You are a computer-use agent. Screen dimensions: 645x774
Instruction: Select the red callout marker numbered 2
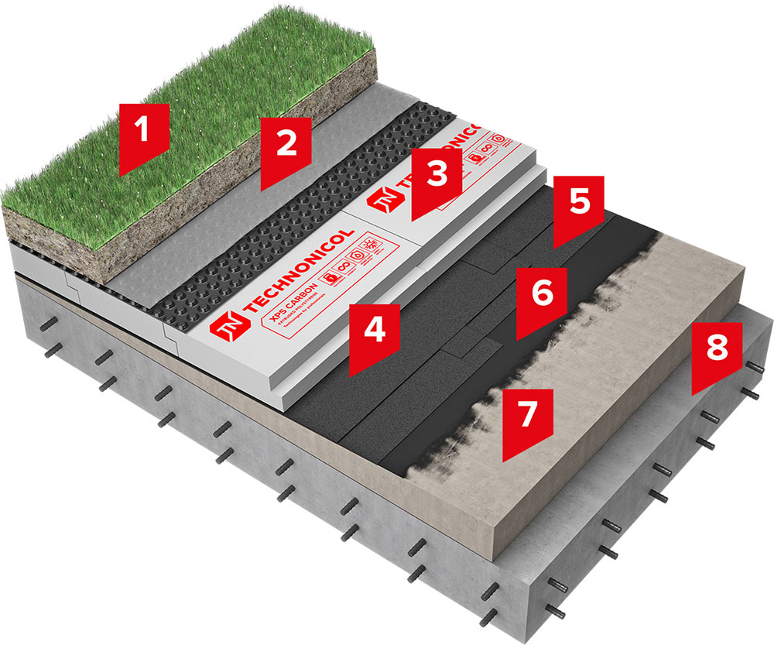pyautogui.click(x=286, y=146)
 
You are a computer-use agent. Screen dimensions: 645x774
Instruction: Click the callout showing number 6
pyautogui.click(x=542, y=295)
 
